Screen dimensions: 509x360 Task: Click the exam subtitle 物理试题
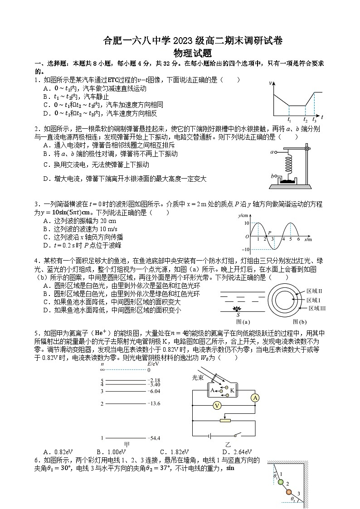(180, 53)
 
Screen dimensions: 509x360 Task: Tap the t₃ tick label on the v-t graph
(314, 120)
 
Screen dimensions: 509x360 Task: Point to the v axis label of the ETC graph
(271, 83)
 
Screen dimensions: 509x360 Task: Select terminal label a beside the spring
(272, 152)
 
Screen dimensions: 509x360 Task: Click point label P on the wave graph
(270, 232)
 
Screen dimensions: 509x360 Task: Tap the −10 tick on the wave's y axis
(246, 250)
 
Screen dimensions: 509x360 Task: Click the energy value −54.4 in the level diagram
(154, 438)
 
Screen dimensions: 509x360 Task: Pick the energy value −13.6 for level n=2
(154, 403)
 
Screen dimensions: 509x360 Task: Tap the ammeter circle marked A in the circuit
(255, 398)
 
